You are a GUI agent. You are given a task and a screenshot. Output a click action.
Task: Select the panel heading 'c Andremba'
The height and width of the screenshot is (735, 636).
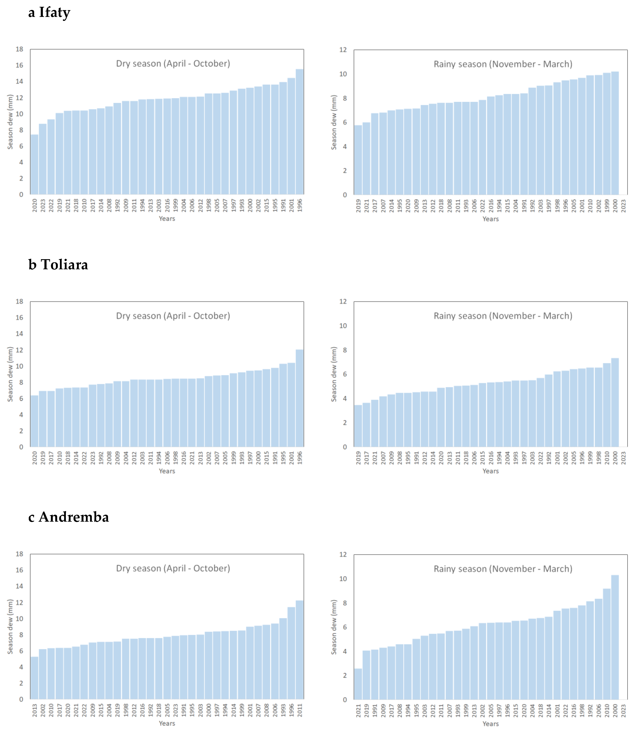click(68, 517)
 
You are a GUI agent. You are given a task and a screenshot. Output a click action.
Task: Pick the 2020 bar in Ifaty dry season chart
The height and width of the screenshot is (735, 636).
click(35, 164)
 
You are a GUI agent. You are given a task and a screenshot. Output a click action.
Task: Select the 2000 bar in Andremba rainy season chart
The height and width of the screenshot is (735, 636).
click(615, 637)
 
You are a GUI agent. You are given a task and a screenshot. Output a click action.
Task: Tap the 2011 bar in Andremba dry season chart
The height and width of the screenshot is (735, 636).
click(300, 650)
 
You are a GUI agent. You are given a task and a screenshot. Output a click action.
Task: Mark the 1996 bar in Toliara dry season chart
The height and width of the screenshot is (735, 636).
click(300, 398)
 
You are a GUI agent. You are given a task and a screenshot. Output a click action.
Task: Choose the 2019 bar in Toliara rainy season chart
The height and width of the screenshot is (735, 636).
click(358, 426)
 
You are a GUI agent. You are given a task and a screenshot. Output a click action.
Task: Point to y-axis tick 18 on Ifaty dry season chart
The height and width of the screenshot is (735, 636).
click(20, 49)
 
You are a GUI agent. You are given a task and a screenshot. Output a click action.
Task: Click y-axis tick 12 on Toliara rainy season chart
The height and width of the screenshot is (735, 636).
click(343, 302)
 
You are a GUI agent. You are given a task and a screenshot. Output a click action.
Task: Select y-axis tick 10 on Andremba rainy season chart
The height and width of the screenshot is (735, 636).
click(343, 579)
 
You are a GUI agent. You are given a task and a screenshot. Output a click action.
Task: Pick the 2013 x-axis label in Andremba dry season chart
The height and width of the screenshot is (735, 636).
click(35, 710)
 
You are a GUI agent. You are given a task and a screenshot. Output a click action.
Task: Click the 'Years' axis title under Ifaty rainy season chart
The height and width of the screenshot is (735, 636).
click(491, 219)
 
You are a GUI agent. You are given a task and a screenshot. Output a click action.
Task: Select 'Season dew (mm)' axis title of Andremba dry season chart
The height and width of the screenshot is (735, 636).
click(10, 627)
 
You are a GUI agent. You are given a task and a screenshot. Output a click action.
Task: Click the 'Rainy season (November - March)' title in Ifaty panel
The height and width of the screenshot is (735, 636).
click(503, 64)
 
